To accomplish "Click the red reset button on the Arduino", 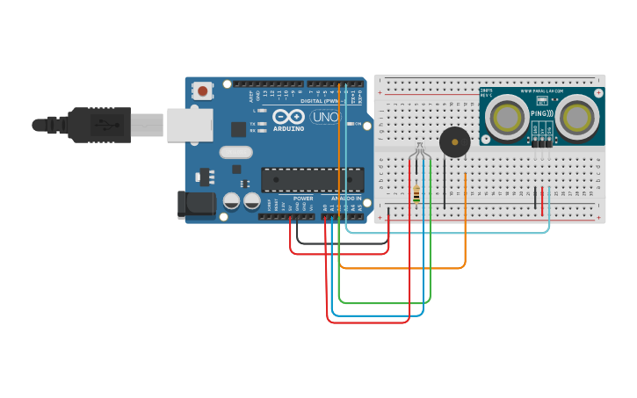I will [203, 90].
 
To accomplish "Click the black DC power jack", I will [194, 204].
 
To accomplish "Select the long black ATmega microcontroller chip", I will [312, 179].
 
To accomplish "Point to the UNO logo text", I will [325, 117].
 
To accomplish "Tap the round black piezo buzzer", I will [454, 141].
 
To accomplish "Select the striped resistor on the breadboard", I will [416, 194].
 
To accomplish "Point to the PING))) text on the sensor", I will [542, 114].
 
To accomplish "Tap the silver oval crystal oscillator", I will [236, 152].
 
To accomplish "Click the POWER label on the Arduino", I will [303, 199].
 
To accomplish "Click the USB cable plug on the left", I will [97, 124].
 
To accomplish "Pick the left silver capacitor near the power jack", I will [231, 201].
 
